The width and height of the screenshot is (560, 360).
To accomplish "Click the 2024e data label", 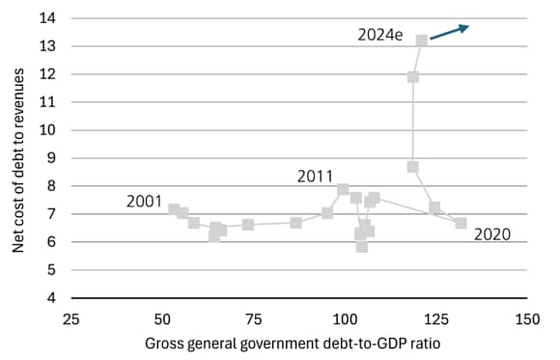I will click(x=379, y=35).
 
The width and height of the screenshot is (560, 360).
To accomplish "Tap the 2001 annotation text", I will click(x=145, y=201).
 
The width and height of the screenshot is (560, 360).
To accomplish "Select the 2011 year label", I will click(x=315, y=176).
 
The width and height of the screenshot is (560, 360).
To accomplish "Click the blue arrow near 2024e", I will click(x=449, y=32).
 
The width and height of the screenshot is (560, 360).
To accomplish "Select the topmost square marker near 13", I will click(x=422, y=41).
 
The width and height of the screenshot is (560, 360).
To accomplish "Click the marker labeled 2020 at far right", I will click(x=461, y=223).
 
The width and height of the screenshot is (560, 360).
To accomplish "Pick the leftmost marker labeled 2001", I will click(x=174, y=208).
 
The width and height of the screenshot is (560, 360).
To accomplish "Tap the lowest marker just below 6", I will click(x=362, y=247).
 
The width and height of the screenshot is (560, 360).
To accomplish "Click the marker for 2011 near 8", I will click(x=343, y=189).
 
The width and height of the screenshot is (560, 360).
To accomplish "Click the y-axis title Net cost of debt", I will click(x=18, y=159).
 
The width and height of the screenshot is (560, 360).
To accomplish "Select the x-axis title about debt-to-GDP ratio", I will click(x=298, y=345).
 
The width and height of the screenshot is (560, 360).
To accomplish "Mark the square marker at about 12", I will click(x=413, y=77).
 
